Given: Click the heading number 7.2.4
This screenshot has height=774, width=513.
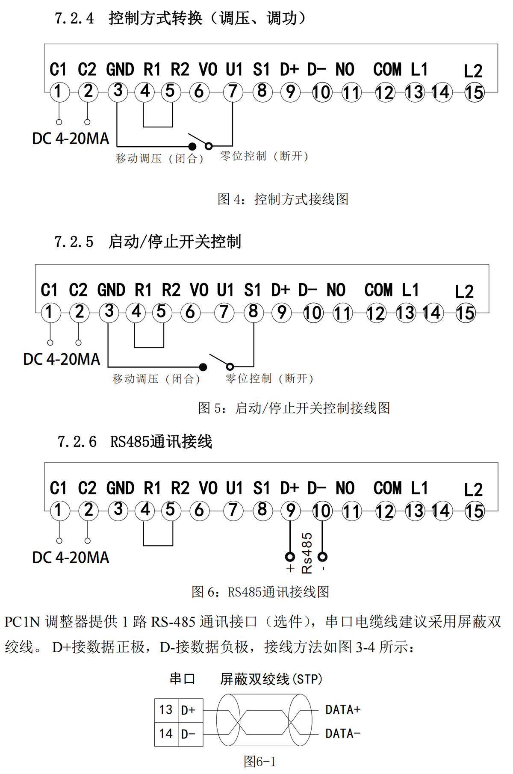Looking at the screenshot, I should [74, 18].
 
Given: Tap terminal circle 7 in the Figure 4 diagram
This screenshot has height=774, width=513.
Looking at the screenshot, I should [233, 92].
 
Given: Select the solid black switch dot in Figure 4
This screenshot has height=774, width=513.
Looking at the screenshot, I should [192, 147].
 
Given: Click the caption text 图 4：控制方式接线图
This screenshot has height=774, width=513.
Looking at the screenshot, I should [283, 199].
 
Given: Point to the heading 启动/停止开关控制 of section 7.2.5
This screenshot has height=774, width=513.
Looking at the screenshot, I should [174, 242].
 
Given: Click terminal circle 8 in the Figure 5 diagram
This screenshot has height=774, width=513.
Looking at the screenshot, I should [253, 312].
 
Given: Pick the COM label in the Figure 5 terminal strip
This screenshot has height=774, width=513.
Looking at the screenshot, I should [378, 290].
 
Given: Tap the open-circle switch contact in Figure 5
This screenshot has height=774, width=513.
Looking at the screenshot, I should [230, 366].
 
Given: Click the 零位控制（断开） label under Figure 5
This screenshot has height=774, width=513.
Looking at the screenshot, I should [269, 378].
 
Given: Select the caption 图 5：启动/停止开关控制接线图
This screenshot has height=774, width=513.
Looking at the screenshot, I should [294, 408].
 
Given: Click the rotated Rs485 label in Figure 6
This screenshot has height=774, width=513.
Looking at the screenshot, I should [307, 553].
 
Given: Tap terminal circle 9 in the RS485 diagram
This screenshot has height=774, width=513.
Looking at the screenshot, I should [290, 510].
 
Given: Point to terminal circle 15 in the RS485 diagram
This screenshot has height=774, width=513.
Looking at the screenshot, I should [474, 511].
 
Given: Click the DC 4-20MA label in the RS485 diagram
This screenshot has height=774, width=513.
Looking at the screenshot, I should [71, 558].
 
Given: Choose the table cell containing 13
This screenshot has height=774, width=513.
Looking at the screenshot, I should [166, 710].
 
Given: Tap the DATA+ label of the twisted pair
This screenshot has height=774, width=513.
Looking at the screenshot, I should [343, 710].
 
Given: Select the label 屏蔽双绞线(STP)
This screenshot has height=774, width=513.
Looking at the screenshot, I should [271, 679].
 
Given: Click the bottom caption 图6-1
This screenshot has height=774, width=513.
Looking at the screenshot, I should [259, 762].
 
